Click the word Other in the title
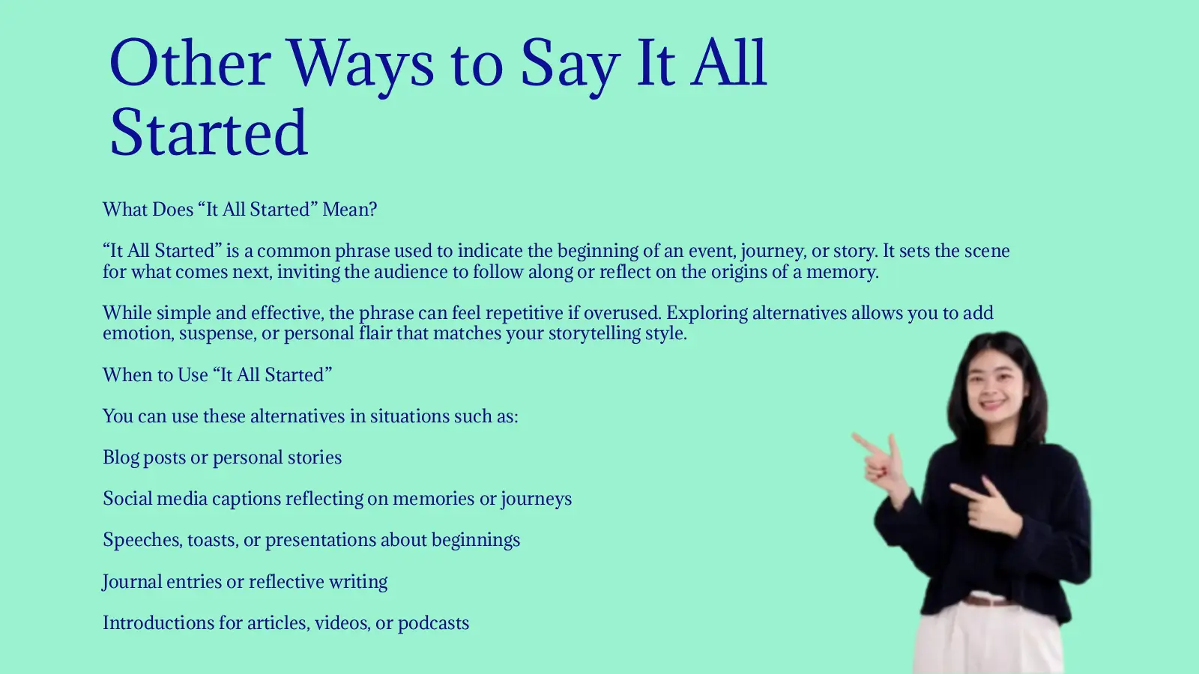tap(190, 63)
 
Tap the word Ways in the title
tap(360, 63)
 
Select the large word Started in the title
tap(208, 133)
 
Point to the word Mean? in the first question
tap(350, 210)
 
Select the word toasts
tap(212, 540)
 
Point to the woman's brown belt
tap(988, 600)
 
